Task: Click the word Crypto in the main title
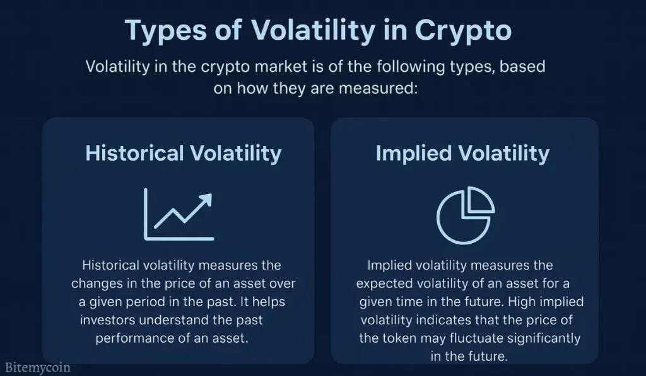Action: point(462,30)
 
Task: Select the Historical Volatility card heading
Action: point(184,153)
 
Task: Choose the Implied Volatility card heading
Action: point(462,154)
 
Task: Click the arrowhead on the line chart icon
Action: point(206,200)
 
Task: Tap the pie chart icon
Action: point(466,215)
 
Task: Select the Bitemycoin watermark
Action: point(38,367)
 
